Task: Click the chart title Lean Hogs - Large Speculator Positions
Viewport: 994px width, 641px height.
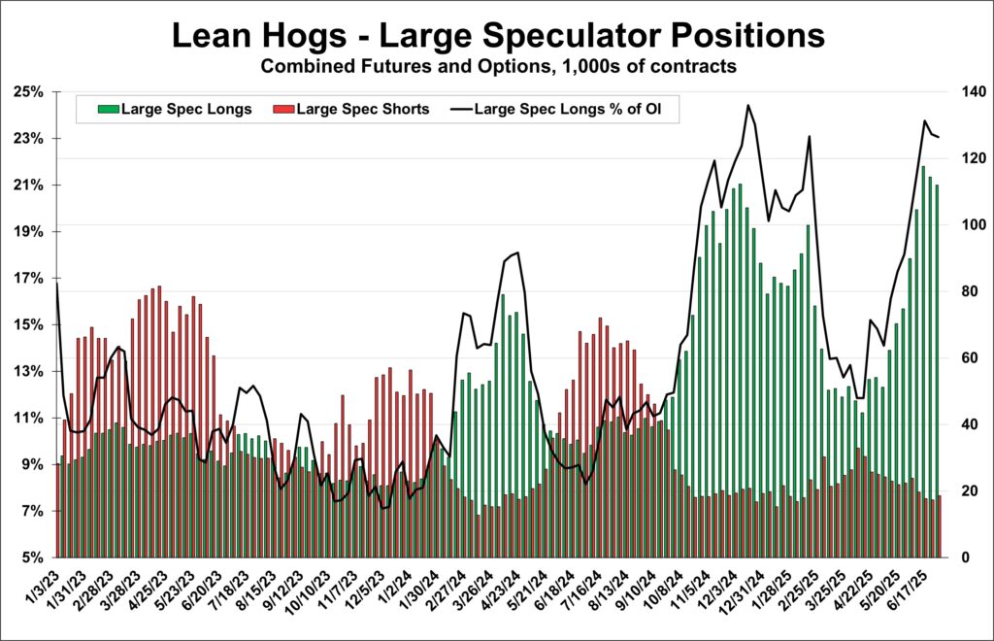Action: pos(497,37)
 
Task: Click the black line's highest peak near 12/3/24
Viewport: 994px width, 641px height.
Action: pos(747,106)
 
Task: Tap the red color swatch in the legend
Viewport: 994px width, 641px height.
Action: pos(283,109)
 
